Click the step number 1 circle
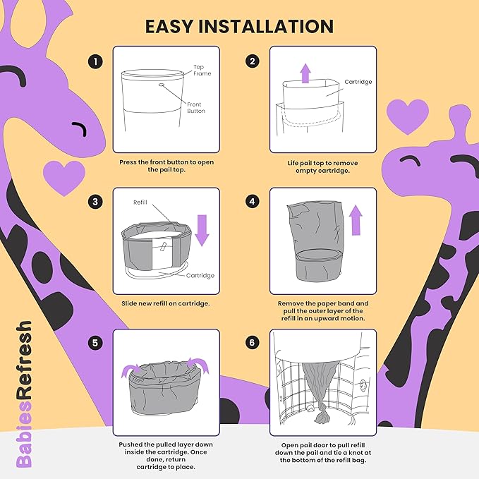click(x=95, y=61)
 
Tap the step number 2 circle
click(x=252, y=61)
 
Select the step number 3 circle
click(x=95, y=202)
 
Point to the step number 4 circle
click(x=252, y=201)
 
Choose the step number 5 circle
click(x=95, y=343)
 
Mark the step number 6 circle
click(x=252, y=342)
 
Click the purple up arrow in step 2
click(x=305, y=73)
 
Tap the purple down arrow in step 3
click(x=202, y=230)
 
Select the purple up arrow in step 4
click(x=356, y=220)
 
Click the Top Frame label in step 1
click(x=202, y=71)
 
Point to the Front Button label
click(x=196, y=107)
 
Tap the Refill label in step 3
click(x=140, y=202)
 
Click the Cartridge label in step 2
click(x=358, y=82)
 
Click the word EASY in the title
click(x=169, y=26)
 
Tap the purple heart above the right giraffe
click(x=408, y=117)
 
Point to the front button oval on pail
click(x=162, y=85)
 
